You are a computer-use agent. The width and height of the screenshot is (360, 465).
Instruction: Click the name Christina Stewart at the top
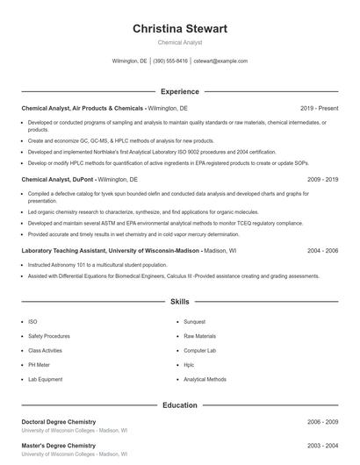tap(179, 29)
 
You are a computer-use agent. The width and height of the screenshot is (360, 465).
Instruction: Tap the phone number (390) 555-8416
tap(170, 61)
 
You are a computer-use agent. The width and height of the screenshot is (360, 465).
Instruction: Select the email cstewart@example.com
tap(220, 61)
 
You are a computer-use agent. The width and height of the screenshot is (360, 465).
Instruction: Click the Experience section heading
tap(179, 91)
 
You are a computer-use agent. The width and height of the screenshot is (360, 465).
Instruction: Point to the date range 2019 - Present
tap(319, 108)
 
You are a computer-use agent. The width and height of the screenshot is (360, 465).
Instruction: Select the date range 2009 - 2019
tap(322, 178)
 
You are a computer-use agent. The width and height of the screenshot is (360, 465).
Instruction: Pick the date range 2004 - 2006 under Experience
tap(322, 250)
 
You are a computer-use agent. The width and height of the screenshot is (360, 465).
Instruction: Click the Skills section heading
tap(179, 302)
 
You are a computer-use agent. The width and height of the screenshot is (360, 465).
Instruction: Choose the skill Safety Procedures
tap(49, 336)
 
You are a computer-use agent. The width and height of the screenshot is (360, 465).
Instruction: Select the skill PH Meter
tap(40, 364)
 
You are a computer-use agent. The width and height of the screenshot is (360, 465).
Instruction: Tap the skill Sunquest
tap(195, 322)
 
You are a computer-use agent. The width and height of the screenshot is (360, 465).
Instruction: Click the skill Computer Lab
tap(199, 350)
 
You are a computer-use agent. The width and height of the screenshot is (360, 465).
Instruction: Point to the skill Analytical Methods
tap(205, 379)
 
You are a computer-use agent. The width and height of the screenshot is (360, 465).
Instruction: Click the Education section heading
tap(179, 405)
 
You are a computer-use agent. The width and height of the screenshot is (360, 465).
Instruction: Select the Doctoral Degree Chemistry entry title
tap(59, 422)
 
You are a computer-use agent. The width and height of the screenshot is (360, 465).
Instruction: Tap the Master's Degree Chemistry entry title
tap(58, 447)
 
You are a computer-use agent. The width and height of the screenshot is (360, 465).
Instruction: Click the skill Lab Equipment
tap(45, 379)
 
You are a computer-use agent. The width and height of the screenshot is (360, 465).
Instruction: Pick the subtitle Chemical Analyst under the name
tap(179, 42)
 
